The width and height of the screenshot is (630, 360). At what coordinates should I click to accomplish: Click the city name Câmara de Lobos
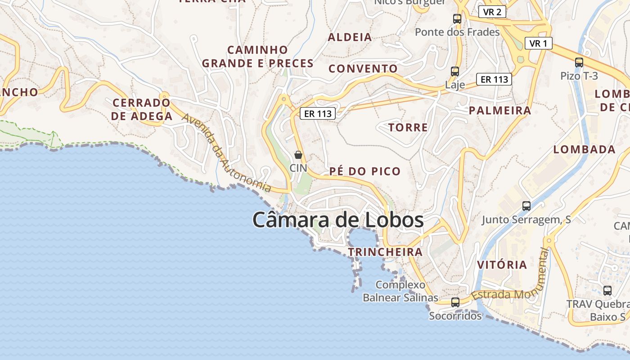(x=338, y=220)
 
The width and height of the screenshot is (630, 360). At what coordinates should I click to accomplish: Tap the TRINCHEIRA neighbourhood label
(x=385, y=252)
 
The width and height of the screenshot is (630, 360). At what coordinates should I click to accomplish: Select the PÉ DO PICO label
(x=365, y=171)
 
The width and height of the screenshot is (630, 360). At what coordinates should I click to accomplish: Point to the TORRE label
(x=408, y=127)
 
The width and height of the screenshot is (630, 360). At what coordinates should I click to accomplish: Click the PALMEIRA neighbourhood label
(x=500, y=110)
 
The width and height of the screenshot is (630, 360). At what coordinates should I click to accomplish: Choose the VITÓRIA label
(x=502, y=265)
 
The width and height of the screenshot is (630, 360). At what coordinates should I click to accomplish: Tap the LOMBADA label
(x=584, y=149)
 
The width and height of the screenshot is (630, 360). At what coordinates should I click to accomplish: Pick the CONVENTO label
(x=363, y=69)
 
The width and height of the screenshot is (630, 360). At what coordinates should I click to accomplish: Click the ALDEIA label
(x=350, y=37)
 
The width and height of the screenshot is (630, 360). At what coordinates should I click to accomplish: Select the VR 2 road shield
(x=492, y=12)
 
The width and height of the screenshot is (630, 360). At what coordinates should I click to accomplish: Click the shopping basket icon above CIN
(x=298, y=155)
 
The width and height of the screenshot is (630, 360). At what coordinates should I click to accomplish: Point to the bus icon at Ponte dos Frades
(x=457, y=19)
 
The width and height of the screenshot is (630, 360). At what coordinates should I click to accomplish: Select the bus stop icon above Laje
(x=455, y=72)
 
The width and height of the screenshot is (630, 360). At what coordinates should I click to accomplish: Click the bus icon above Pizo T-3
(x=579, y=63)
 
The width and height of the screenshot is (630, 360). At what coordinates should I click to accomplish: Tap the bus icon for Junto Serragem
(x=526, y=206)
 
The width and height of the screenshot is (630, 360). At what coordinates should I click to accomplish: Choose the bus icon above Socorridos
(x=455, y=302)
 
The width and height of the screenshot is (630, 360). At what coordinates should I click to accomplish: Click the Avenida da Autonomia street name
(x=227, y=153)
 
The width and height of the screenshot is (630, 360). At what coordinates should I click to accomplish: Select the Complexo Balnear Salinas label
(x=400, y=291)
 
